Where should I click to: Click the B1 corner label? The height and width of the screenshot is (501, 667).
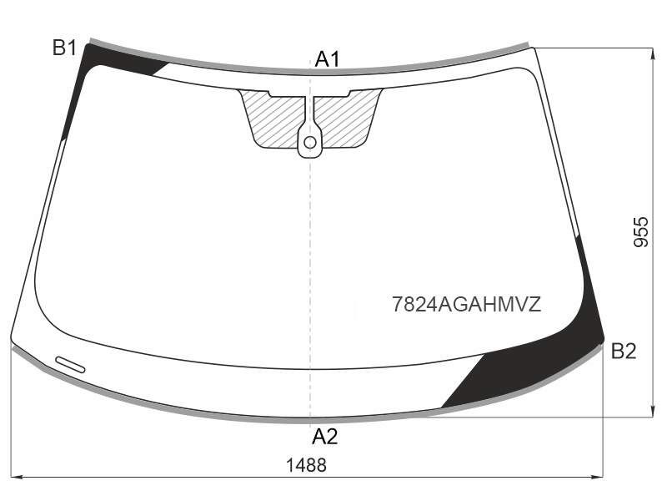click(x=64, y=48)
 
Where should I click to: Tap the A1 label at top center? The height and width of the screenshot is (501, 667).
click(x=328, y=58)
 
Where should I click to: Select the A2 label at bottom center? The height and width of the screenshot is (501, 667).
click(x=325, y=436)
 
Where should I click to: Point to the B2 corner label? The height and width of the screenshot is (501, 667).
click(x=624, y=351)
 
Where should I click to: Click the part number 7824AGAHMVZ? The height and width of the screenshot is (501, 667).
click(x=466, y=304)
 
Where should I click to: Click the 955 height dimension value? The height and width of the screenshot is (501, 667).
click(x=641, y=232)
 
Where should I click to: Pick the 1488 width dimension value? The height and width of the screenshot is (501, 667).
click(x=306, y=465)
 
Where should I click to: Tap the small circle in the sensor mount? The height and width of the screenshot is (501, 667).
click(x=310, y=142)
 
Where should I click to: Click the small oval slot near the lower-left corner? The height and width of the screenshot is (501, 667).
click(x=70, y=364)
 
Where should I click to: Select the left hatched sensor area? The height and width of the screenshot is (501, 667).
click(x=273, y=120)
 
